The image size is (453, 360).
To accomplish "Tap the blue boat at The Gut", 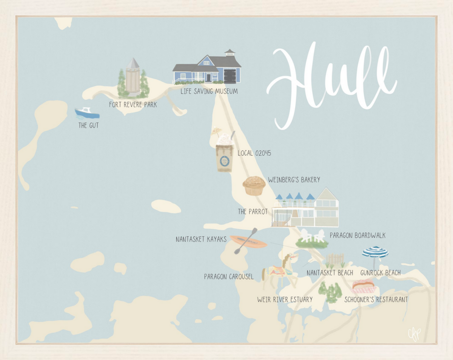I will [x=87, y=113].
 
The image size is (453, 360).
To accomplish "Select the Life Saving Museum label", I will [x=209, y=91].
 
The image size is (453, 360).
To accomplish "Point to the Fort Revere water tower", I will [x=133, y=77].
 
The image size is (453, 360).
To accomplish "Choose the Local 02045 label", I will [x=254, y=153].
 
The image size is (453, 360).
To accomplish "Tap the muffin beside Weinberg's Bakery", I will [x=254, y=185].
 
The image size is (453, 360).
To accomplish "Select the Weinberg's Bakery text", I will [x=294, y=179].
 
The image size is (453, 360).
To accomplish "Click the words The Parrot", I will [x=253, y=212].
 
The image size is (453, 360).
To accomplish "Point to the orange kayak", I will [x=248, y=241].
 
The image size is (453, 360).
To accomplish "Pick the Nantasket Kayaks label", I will [x=201, y=239].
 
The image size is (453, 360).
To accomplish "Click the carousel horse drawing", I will [x=280, y=267].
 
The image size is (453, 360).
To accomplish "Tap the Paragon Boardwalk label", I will [x=357, y=235].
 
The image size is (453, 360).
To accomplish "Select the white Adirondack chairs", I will [x=312, y=236].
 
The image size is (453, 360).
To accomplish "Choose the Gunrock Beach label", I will [x=380, y=272].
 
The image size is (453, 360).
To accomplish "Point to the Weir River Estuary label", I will [x=285, y=300].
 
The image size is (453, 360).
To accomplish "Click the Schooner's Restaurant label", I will [x=376, y=300].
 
